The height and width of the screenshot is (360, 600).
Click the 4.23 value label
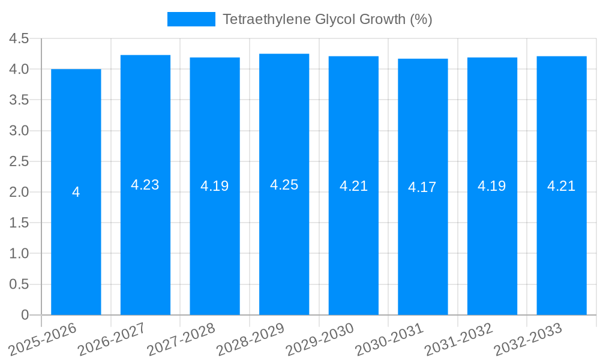pyautogui.click(x=145, y=185)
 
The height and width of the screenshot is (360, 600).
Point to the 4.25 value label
pyautogui.click(x=284, y=185)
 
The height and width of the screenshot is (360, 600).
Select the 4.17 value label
pyautogui.click(x=422, y=187)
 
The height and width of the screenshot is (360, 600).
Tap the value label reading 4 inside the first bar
pyautogui.click(x=76, y=192)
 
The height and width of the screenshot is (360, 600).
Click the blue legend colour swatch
pyautogui.click(x=191, y=19)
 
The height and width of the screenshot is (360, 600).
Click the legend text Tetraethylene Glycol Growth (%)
pyautogui.click(x=328, y=19)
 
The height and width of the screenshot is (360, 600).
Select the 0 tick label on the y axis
pyautogui.click(x=25, y=315)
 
